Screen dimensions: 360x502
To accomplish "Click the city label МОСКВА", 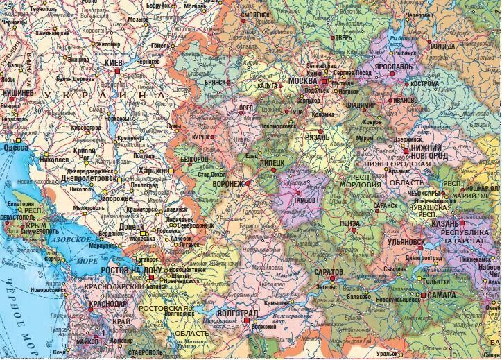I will tap(302, 80).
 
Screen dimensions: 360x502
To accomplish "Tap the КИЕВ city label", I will tap(112, 63).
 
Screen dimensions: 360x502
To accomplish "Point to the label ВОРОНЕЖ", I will tap(229, 184).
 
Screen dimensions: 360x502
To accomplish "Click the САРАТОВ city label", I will tap(328, 271).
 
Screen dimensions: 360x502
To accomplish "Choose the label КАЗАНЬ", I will tap(444, 224).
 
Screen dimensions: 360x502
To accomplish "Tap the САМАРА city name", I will tap(442, 294).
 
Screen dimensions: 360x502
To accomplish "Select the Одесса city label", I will tap(16, 148).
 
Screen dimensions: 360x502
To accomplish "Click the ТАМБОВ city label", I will tap(305, 200).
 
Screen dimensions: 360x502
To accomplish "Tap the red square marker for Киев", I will tap(119, 71).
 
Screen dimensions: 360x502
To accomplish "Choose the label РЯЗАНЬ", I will tap(318, 138).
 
